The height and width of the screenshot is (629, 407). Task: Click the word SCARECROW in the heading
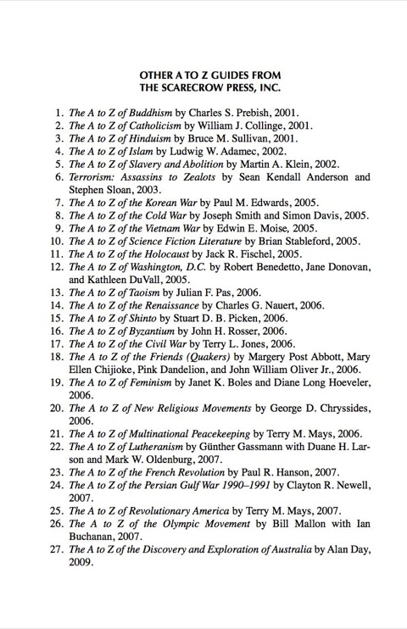click(205, 86)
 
